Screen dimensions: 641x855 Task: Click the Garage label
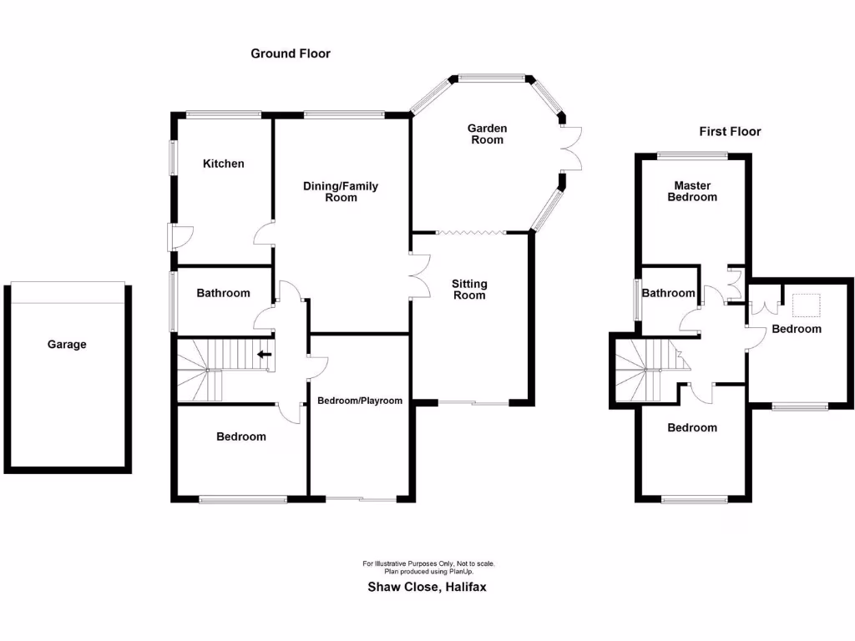[67, 344]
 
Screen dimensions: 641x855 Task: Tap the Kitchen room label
[224, 164]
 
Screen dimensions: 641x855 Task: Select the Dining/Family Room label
[341, 192]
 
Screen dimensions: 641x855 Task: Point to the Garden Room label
[487, 134]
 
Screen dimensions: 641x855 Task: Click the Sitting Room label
[468, 289]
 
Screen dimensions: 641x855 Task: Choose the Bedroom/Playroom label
[360, 401]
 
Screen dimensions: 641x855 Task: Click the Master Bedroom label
[692, 191]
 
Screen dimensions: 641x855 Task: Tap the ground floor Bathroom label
[223, 293]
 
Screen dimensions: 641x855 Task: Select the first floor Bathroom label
[669, 293]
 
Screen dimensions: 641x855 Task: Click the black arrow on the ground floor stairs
[264, 355]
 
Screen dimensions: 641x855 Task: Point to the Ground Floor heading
[291, 53]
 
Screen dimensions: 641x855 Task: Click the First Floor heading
[730, 131]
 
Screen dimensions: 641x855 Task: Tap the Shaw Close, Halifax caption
[427, 587]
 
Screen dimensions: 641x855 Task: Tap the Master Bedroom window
[691, 154]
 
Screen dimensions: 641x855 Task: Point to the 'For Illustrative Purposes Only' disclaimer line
[428, 564]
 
